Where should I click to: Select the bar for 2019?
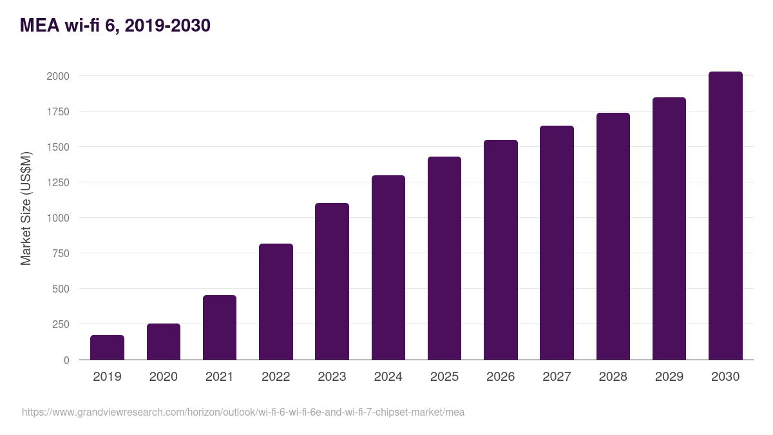[107, 347]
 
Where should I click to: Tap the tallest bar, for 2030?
[725, 216]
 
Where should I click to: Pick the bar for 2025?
[444, 258]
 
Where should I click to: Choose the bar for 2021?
[220, 327]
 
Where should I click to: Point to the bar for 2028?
[613, 236]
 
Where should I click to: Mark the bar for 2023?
[332, 281]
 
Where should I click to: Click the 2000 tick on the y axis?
[57, 76]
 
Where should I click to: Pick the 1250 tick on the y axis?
[57, 182]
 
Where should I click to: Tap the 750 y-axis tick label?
[60, 253]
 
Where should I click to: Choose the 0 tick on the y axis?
[66, 360]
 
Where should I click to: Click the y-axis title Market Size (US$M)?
[26, 208]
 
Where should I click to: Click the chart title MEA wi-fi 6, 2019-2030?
[115, 26]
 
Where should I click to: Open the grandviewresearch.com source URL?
[243, 412]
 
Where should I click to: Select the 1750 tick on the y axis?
[57, 111]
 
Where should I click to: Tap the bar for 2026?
[501, 249]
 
